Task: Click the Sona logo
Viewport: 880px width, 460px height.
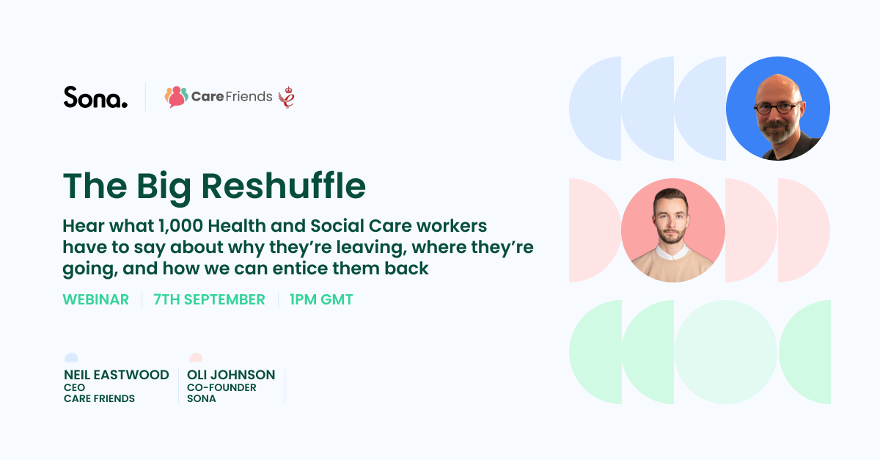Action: [95, 97]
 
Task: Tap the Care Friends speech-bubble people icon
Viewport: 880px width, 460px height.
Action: [177, 97]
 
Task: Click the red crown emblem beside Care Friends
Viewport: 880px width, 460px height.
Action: [287, 97]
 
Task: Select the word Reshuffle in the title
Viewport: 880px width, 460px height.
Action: [283, 186]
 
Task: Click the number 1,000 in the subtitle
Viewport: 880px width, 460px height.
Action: [180, 226]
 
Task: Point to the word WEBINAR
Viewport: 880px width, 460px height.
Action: [96, 299]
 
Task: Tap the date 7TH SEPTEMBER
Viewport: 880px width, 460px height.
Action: [209, 299]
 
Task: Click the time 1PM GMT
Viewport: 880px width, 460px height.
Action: [321, 299]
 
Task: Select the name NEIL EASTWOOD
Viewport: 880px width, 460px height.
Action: [117, 375]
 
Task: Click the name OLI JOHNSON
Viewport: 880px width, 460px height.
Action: [231, 375]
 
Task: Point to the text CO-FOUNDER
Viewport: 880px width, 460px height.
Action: [221, 387]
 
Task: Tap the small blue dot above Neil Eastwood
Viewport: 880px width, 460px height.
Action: [71, 357]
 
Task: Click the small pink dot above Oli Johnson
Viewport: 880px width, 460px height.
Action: [196, 357]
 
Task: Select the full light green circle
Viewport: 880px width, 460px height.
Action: [725, 352]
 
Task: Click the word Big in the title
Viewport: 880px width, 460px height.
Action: [164, 187]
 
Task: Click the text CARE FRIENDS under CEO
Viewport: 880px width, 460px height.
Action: [99, 398]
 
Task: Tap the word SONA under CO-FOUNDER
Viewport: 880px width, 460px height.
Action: [202, 398]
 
